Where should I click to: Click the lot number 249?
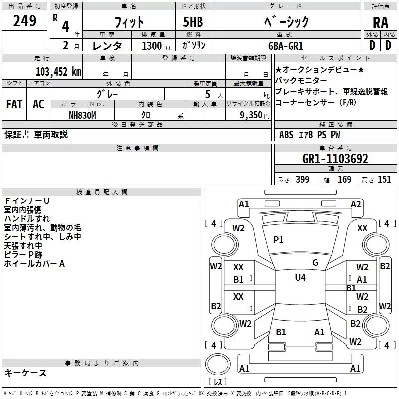point(24,21)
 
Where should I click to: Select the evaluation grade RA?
point(380,22)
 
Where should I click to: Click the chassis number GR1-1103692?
point(335,159)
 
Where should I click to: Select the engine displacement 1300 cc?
point(152,45)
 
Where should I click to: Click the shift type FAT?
point(14,104)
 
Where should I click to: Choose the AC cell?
point(38,104)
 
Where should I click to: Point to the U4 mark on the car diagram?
point(300,278)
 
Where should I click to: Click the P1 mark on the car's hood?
point(278,240)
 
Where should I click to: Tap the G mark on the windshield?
point(315,263)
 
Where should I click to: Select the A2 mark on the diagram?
point(356,204)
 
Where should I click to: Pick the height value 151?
point(384,180)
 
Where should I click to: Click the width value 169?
point(344,180)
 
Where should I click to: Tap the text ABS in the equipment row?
point(286,135)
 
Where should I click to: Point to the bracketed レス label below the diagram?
point(217,383)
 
